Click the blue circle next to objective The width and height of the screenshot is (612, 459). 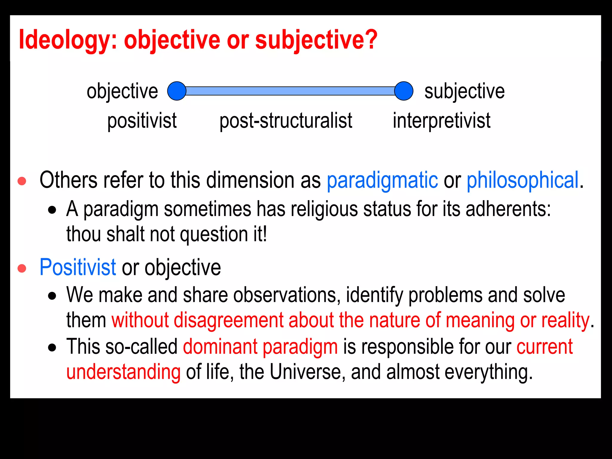pos(177,91)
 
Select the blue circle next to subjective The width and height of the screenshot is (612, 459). pos(404,91)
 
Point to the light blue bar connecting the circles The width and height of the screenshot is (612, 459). pos(290,91)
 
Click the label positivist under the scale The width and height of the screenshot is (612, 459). pos(142,121)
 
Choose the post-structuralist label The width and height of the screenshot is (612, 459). pos(286,121)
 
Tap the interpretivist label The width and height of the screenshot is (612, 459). pos(441,121)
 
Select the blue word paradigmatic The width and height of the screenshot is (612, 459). pos(382,180)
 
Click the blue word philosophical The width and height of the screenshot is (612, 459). pos(523,180)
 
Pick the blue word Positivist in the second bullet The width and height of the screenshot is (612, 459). pos(77,267)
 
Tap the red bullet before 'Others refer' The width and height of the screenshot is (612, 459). pos(22,181)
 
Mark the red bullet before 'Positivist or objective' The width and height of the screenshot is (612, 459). pos(22,268)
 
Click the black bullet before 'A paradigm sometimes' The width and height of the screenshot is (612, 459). pos(52,210)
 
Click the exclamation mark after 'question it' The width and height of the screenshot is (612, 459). pos(264,234)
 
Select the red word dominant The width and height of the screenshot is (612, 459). pos(220,347)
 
